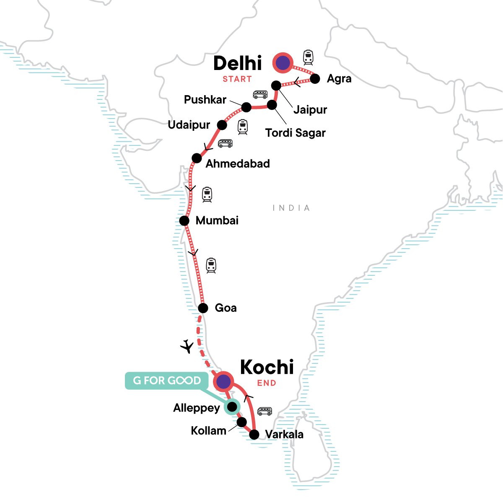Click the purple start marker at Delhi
pyautogui.click(x=283, y=63)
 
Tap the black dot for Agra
pyautogui.click(x=315, y=78)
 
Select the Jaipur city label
pyautogui.click(x=310, y=110)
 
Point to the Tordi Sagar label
pyautogui.click(x=296, y=133)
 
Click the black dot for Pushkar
pyautogui.click(x=246, y=107)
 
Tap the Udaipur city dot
pyautogui.click(x=222, y=125)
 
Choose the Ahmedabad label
pyautogui.click(x=238, y=163)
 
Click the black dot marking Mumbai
pyautogui.click(x=184, y=220)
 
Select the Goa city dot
pyautogui.click(x=203, y=309)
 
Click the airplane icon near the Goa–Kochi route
pyautogui.click(x=187, y=346)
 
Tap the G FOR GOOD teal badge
pyautogui.click(x=167, y=381)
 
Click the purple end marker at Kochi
pyautogui.click(x=223, y=381)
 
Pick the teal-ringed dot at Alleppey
pyautogui.click(x=231, y=407)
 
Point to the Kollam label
pyautogui.click(x=208, y=430)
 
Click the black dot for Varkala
pyautogui.click(x=254, y=435)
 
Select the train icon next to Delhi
pyautogui.click(x=309, y=57)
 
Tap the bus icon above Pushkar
pyautogui.click(x=260, y=94)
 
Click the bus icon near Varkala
pyautogui.click(x=264, y=411)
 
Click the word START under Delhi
pyautogui.click(x=237, y=79)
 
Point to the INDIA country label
pyautogui.click(x=291, y=208)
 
